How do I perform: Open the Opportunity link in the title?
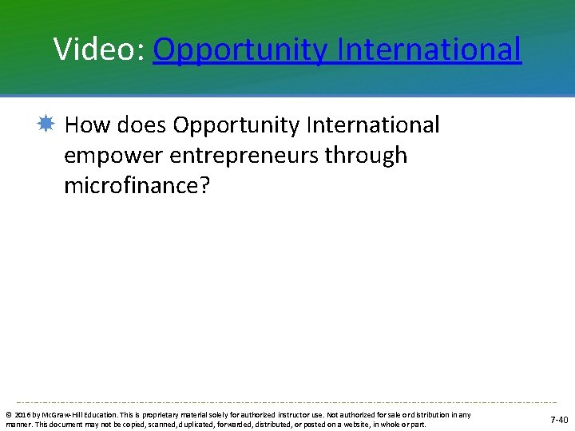click(x=240, y=50)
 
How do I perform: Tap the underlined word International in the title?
click(x=430, y=49)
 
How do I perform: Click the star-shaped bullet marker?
click(x=46, y=125)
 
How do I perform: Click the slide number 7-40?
click(x=558, y=420)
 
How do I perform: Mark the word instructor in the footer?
click(x=296, y=415)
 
